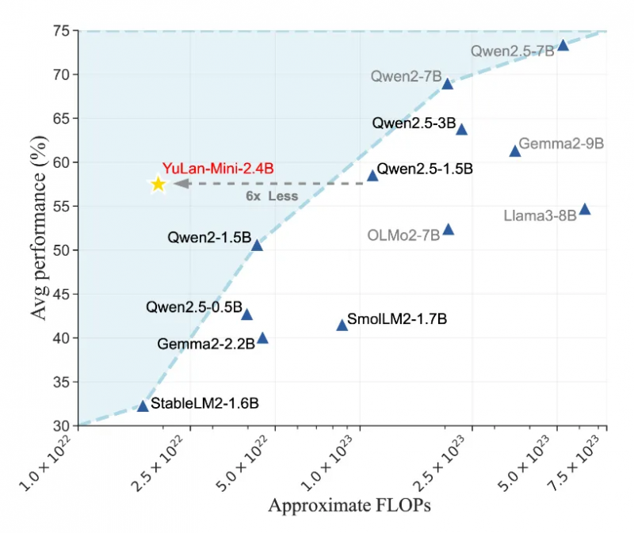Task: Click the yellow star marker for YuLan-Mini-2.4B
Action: coord(158,184)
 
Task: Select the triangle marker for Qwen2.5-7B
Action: coord(563,45)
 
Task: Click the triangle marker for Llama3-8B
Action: coord(585,209)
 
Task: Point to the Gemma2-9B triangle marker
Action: coord(515,150)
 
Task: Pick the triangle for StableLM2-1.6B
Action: coord(143,405)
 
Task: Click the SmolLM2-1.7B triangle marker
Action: coord(342,325)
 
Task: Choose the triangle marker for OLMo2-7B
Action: coord(449,230)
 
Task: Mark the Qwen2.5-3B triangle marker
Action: coord(461,129)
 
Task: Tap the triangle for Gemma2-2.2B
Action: coord(262,338)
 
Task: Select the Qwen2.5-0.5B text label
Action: coord(193,307)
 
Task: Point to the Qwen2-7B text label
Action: coord(406,77)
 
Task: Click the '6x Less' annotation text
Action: coord(271,196)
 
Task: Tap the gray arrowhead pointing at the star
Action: coord(180,184)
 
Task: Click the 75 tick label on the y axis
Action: coord(62,31)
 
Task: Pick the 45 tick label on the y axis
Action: coord(62,295)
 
